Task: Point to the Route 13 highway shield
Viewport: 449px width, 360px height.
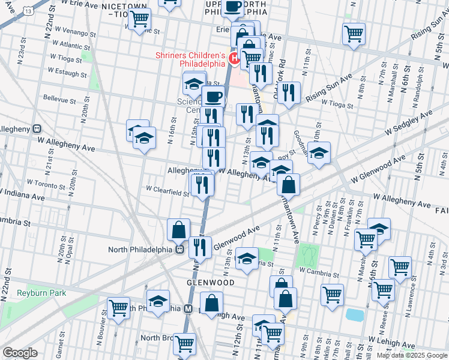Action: coord(28,10)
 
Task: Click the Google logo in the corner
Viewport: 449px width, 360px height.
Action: coord(20,353)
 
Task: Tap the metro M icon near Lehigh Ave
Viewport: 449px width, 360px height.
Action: coord(187,308)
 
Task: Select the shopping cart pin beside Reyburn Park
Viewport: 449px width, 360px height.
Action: coord(118,308)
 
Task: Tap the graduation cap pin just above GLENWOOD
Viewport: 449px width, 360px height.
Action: coord(247,258)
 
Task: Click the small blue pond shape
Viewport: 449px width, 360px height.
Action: coord(354,314)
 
